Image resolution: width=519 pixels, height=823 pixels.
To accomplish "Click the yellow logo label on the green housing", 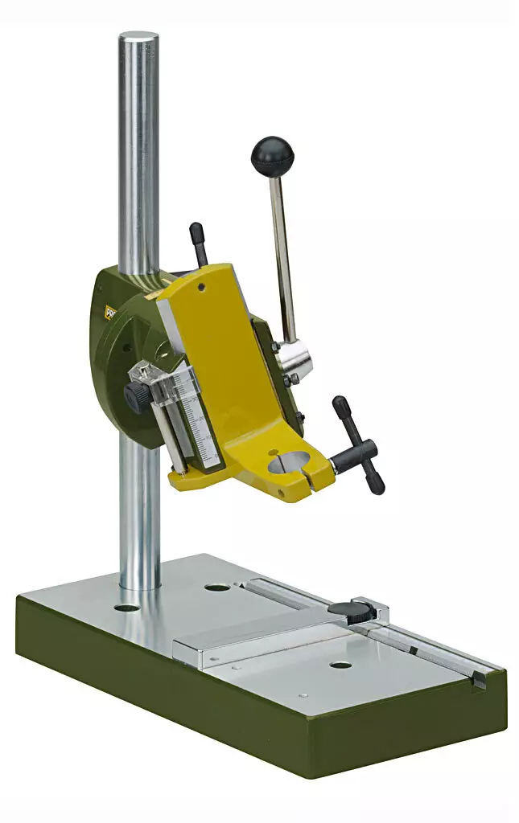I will pos(110,313).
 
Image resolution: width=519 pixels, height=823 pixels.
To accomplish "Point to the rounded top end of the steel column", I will pos(138,38).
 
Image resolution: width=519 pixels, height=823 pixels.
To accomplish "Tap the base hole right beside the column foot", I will pos(126,608).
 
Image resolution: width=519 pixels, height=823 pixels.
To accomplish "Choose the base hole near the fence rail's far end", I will pos(216,588).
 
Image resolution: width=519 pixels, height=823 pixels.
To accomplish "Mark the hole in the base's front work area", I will pos(340,665).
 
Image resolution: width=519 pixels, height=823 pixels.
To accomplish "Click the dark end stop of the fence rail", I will pos(479,679).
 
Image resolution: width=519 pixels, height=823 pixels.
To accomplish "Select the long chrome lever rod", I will pos(282,249).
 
